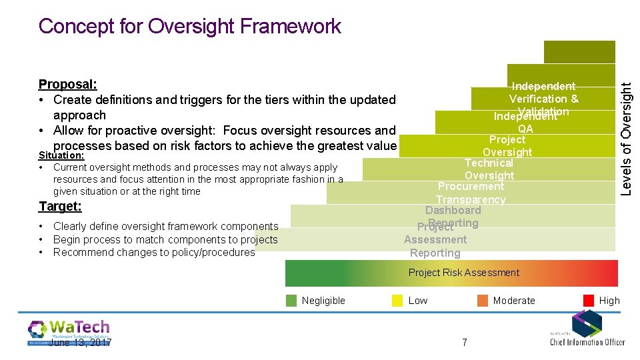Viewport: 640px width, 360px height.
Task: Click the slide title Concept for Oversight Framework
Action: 190,26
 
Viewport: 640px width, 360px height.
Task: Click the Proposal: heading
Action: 68,85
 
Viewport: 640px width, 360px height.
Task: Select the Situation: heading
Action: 61,155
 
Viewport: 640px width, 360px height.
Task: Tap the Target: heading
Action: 60,207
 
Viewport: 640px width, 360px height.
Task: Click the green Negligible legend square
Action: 291,301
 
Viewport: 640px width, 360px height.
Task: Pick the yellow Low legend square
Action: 397,301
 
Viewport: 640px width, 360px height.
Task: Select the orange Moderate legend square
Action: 483,301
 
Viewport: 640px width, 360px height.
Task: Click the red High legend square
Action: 589,301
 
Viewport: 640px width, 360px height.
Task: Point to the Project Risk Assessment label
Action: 463,273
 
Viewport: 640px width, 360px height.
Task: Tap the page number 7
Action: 465,342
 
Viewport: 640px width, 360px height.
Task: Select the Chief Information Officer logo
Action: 587,330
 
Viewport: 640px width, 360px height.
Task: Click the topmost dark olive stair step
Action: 570,51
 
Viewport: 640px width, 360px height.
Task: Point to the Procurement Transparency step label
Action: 471,193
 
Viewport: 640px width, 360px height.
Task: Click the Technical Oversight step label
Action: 489,169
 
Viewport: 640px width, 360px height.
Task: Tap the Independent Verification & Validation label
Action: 543,99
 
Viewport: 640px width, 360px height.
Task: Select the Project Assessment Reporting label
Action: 435,240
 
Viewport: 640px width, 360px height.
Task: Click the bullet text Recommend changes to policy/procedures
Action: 154,253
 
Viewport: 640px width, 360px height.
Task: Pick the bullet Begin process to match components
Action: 165,239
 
